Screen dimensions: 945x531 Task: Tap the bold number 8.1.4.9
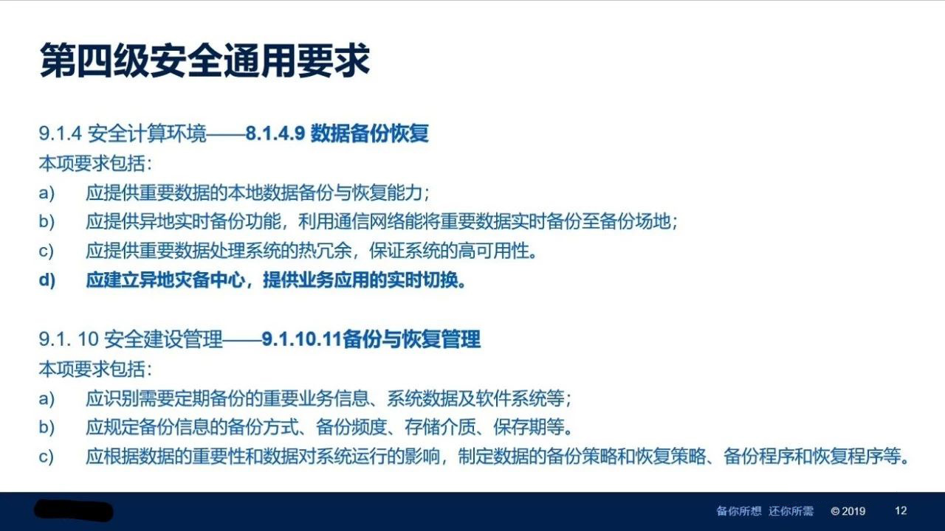click(x=275, y=133)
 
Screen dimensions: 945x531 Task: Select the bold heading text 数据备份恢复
click(x=370, y=133)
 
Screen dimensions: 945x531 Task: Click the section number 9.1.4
click(x=60, y=133)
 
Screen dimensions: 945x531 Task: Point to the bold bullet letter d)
click(x=47, y=280)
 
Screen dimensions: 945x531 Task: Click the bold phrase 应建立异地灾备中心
click(x=165, y=280)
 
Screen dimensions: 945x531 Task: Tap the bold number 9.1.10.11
click(x=301, y=339)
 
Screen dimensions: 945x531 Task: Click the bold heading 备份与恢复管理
click(x=411, y=339)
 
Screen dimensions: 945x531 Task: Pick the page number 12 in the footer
click(x=901, y=511)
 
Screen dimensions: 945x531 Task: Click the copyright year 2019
click(x=853, y=511)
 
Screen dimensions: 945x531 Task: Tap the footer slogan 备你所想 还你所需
click(x=765, y=511)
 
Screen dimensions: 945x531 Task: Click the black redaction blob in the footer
click(x=73, y=511)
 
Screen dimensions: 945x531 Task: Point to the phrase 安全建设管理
click(x=163, y=339)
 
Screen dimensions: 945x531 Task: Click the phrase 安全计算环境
click(x=147, y=133)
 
